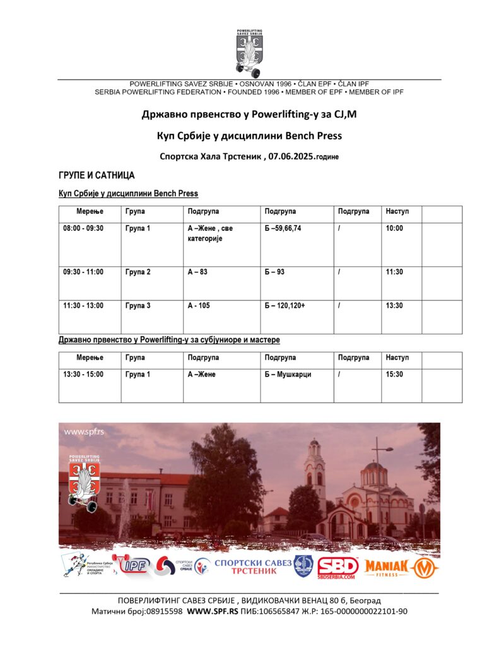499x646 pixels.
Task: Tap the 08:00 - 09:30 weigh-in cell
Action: coord(83,228)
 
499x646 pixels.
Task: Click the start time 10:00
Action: coord(394,228)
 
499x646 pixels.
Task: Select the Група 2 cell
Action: coord(138,272)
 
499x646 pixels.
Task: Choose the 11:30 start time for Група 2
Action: coord(394,272)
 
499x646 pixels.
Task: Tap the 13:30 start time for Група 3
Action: coord(394,305)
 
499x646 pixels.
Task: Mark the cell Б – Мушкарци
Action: coord(288,374)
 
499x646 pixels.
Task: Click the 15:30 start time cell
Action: coord(394,374)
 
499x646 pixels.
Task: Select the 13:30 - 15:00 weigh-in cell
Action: coord(83,374)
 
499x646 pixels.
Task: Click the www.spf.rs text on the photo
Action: coord(84,432)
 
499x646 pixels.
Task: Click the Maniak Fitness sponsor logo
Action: coord(401,567)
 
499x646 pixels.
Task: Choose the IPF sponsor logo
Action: coord(132,566)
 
